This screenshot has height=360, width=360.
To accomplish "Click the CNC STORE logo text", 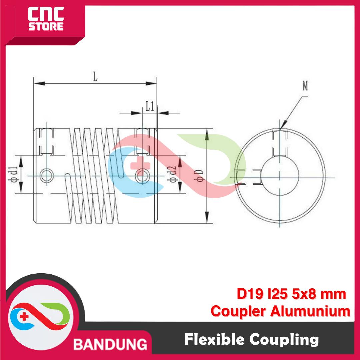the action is [x=46, y=19].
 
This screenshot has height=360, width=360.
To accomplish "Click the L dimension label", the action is [x=95, y=77].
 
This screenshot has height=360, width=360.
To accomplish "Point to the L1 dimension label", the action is [x=150, y=106].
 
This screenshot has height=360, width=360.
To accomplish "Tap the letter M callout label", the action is [x=305, y=86].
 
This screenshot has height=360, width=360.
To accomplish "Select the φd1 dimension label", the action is [x=13, y=174].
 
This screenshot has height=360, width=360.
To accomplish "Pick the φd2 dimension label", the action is [x=172, y=174].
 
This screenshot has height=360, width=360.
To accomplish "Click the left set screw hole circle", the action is [x=47, y=176].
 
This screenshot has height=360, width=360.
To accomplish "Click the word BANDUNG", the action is [x=110, y=345].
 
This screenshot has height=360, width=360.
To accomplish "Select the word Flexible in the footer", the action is [x=214, y=339].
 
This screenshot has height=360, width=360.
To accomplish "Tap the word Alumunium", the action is [x=310, y=311].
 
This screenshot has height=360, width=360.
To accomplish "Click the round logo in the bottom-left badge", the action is [x=40, y=317].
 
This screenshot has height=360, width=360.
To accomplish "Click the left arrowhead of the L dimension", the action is [x=39, y=83].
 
